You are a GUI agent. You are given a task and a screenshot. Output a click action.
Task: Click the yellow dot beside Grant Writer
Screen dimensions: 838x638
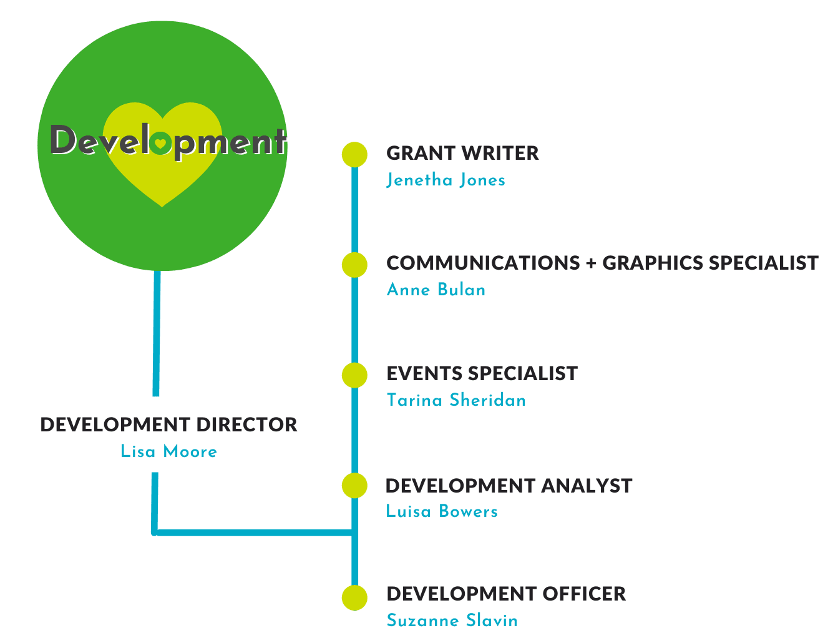[x=354, y=154]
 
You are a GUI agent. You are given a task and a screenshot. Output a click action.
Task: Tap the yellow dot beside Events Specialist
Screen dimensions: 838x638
[x=354, y=375]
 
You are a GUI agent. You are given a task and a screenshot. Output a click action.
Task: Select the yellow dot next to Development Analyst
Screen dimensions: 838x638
[x=354, y=485]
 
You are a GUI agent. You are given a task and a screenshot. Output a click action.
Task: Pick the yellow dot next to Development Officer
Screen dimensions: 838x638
[x=354, y=597]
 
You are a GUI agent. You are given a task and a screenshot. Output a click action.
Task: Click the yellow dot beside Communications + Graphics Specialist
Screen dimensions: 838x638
[x=354, y=265]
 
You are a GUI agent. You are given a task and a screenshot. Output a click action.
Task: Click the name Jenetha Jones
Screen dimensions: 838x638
[x=446, y=180]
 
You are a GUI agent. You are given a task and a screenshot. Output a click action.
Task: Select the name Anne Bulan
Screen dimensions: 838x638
[x=436, y=290]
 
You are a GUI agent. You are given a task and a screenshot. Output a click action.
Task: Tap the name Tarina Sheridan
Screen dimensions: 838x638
[x=456, y=400]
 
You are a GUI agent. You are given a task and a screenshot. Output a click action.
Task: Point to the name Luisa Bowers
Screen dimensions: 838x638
[x=442, y=511]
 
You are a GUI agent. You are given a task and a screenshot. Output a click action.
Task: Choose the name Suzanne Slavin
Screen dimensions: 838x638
[x=452, y=620]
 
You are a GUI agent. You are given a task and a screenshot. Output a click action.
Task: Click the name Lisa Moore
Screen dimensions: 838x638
[x=168, y=451]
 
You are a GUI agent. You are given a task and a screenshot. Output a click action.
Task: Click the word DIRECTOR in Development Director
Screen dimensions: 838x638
[x=246, y=425]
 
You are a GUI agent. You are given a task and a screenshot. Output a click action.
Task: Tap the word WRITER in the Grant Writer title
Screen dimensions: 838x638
[x=500, y=153]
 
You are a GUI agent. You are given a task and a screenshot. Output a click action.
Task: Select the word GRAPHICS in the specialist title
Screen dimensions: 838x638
[x=652, y=263]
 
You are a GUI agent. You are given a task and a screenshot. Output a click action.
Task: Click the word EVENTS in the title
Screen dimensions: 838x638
[x=424, y=373]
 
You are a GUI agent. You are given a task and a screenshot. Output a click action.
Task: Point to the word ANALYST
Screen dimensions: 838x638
[x=587, y=486]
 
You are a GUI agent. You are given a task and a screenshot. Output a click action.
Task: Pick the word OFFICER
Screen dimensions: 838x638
[x=584, y=594]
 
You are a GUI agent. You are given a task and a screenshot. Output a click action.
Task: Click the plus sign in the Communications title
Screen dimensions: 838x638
[x=591, y=263]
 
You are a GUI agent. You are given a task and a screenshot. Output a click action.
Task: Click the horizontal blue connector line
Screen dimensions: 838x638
[x=254, y=532]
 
